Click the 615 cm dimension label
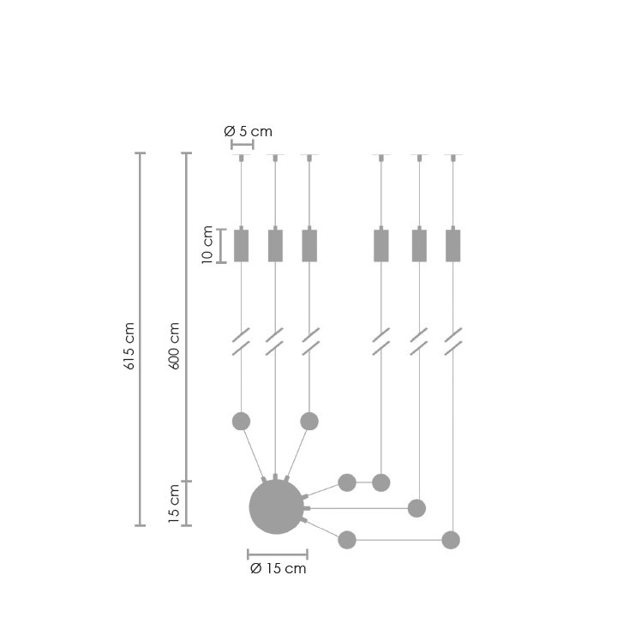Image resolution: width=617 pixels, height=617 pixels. coord(129,346)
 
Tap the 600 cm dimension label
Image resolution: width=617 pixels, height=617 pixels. coord(174,346)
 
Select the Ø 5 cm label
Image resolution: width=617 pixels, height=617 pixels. coord(248,131)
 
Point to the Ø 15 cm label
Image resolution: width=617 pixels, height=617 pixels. coord(279,569)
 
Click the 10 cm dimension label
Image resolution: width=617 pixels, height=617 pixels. coord(207,245)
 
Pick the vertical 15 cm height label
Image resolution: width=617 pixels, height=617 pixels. coord(174,504)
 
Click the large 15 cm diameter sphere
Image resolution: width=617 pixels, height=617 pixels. coord(277,506)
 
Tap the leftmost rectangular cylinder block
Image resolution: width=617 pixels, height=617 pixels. coord(241,246)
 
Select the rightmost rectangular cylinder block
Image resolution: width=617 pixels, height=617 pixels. coord(453,246)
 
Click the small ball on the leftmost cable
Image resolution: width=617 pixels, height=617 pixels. coord(241,422)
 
